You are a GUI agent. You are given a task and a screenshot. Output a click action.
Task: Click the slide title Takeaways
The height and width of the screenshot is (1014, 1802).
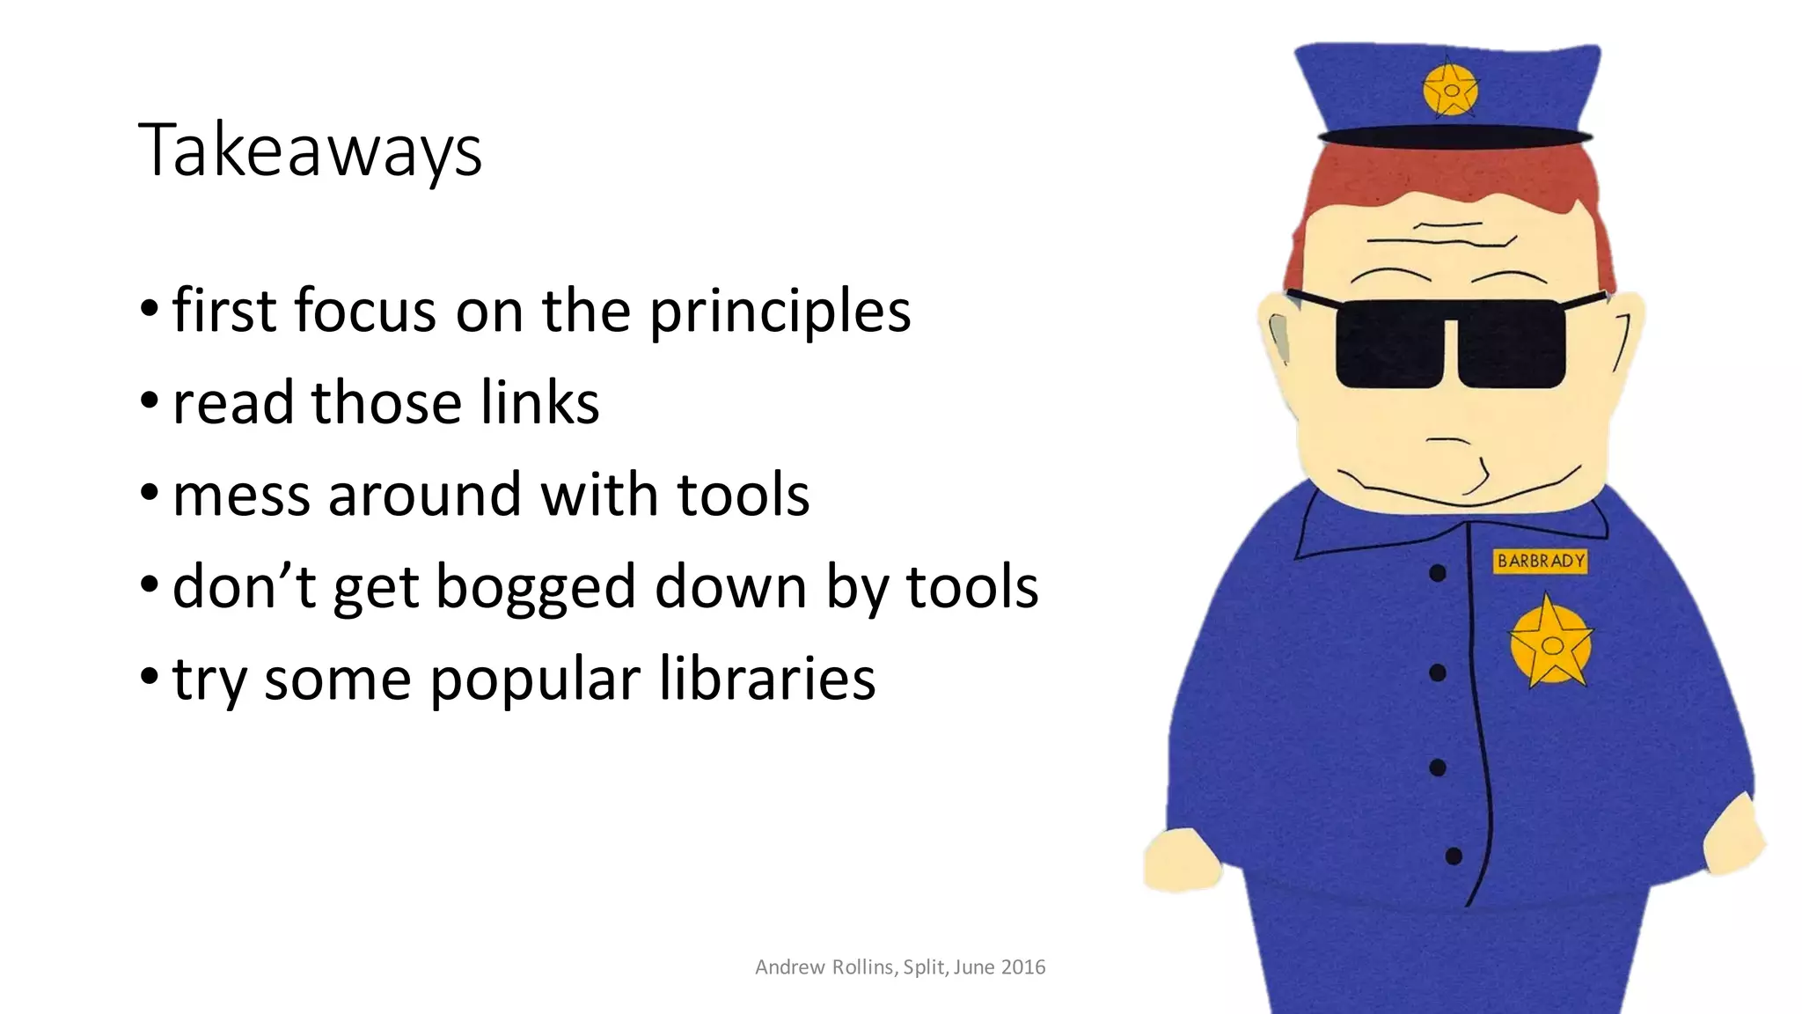pos(310,151)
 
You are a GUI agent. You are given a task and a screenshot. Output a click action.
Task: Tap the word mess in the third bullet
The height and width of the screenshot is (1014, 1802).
pos(241,496)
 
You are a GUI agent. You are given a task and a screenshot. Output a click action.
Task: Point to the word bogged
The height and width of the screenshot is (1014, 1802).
pos(535,588)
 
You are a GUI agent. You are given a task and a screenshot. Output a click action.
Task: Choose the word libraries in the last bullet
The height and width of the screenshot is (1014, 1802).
pos(766,680)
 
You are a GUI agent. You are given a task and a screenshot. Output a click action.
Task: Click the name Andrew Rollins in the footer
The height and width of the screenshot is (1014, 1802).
pos(824,966)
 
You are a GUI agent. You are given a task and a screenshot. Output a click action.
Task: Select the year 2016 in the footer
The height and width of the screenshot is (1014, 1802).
pos(1022,966)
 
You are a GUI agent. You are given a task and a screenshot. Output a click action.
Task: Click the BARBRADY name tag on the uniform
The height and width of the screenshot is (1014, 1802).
pos(1541,561)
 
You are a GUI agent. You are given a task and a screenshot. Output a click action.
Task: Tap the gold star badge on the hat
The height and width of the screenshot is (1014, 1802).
pos(1450,90)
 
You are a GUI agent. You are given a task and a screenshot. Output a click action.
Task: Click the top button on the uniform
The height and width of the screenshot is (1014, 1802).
pos(1438,574)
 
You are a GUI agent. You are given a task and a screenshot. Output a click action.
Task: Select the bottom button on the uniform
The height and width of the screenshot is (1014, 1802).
pos(1454,856)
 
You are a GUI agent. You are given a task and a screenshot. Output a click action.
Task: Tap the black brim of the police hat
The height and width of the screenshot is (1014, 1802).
pos(1454,136)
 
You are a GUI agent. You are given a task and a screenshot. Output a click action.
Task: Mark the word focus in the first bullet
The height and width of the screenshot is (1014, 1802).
pos(364,311)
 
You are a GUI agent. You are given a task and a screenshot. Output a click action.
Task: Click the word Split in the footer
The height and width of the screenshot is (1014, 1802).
pos(924,966)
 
